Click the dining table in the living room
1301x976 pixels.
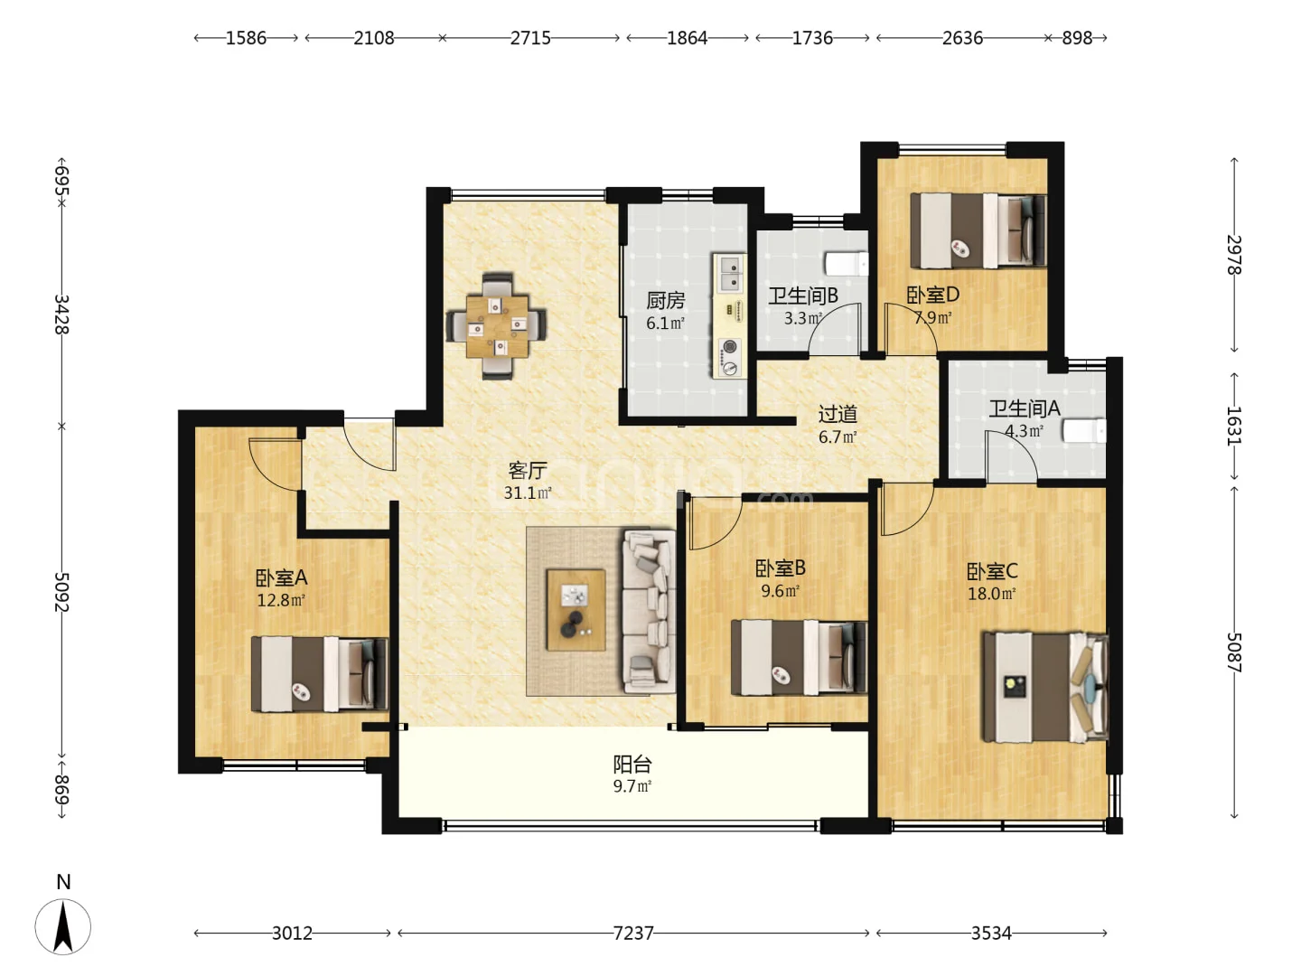click(497, 326)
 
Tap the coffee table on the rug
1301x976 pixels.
click(576, 610)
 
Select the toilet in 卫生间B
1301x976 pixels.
click(847, 264)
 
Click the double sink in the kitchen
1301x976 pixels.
click(729, 273)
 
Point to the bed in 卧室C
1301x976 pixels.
click(1045, 687)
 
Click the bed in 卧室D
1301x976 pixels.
click(978, 230)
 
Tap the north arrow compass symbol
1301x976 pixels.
click(63, 926)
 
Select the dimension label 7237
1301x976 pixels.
click(633, 934)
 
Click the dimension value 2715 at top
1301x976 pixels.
click(530, 38)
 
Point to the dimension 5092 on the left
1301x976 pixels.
click(61, 592)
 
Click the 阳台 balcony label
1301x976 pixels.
click(632, 765)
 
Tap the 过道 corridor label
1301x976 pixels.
click(838, 414)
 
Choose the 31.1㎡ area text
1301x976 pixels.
click(528, 493)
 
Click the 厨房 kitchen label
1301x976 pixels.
click(666, 300)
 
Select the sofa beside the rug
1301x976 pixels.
click(649, 611)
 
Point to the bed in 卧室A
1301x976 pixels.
click(320, 674)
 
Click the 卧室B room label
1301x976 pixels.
click(780, 568)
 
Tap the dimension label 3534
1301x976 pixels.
click(991, 934)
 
